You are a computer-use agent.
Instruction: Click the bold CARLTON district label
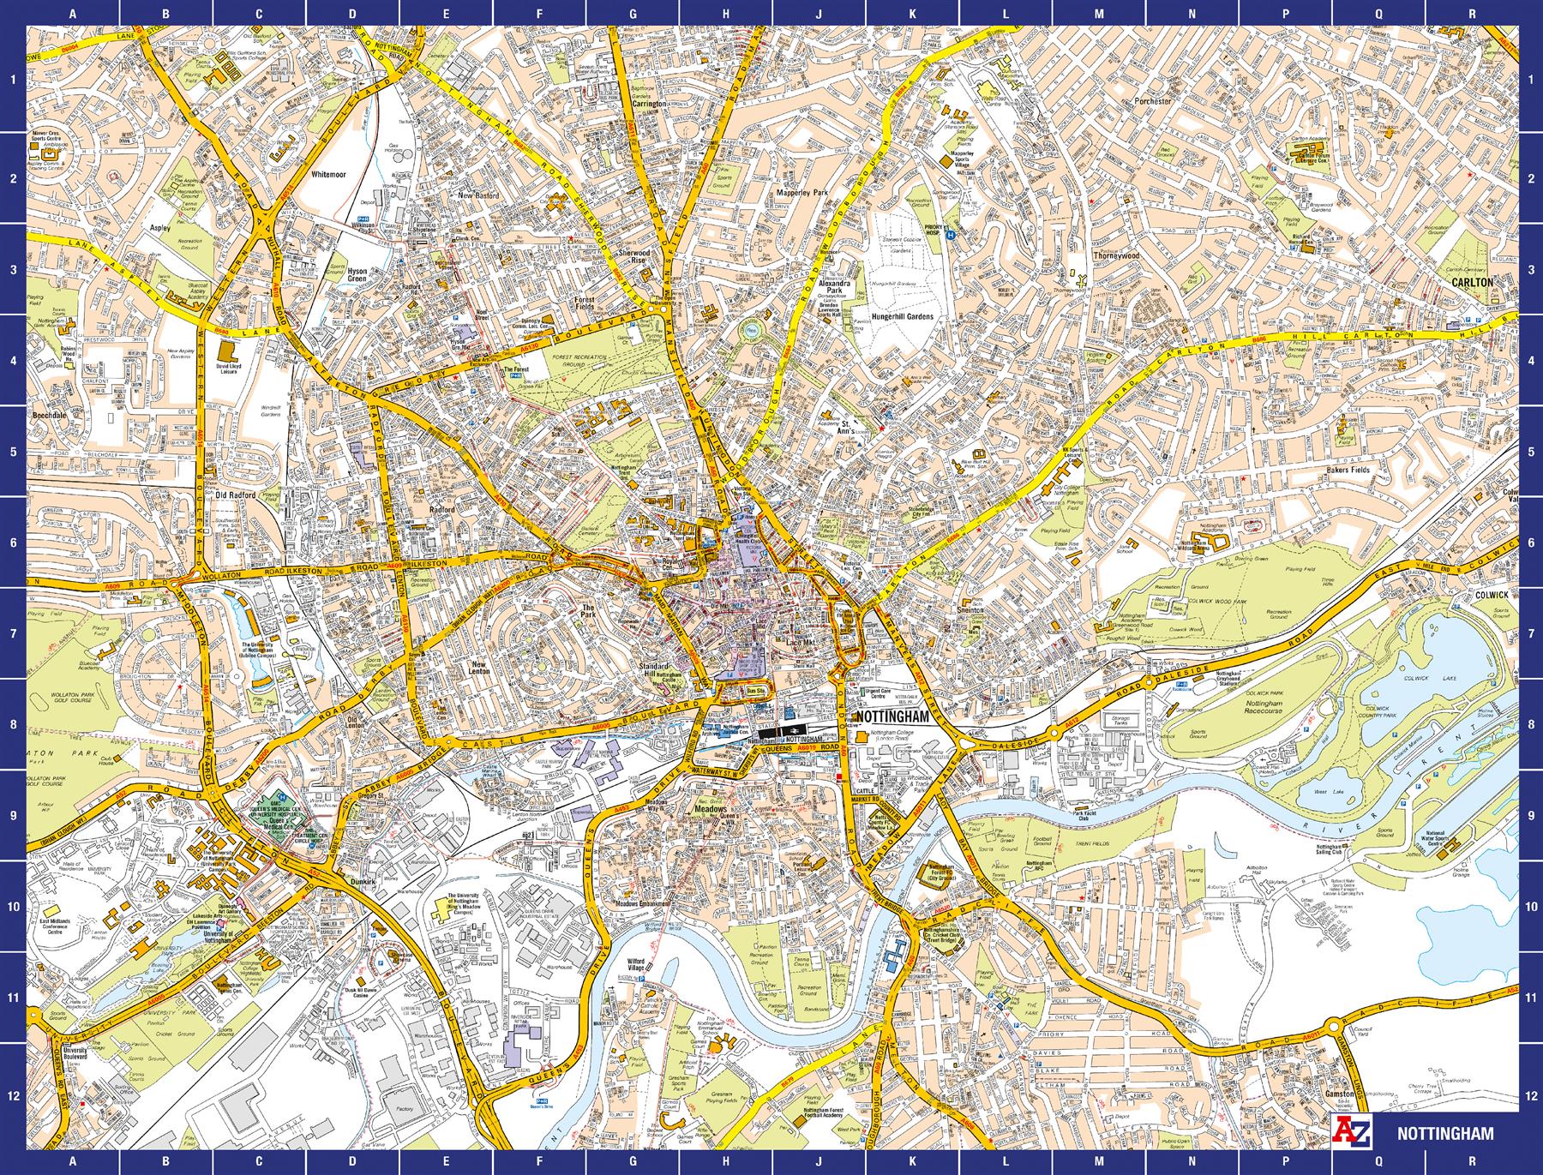pyautogui.click(x=1472, y=281)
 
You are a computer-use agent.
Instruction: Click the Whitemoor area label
pyautogui.click(x=328, y=174)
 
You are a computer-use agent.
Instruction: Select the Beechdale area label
pyautogui.click(x=50, y=415)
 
